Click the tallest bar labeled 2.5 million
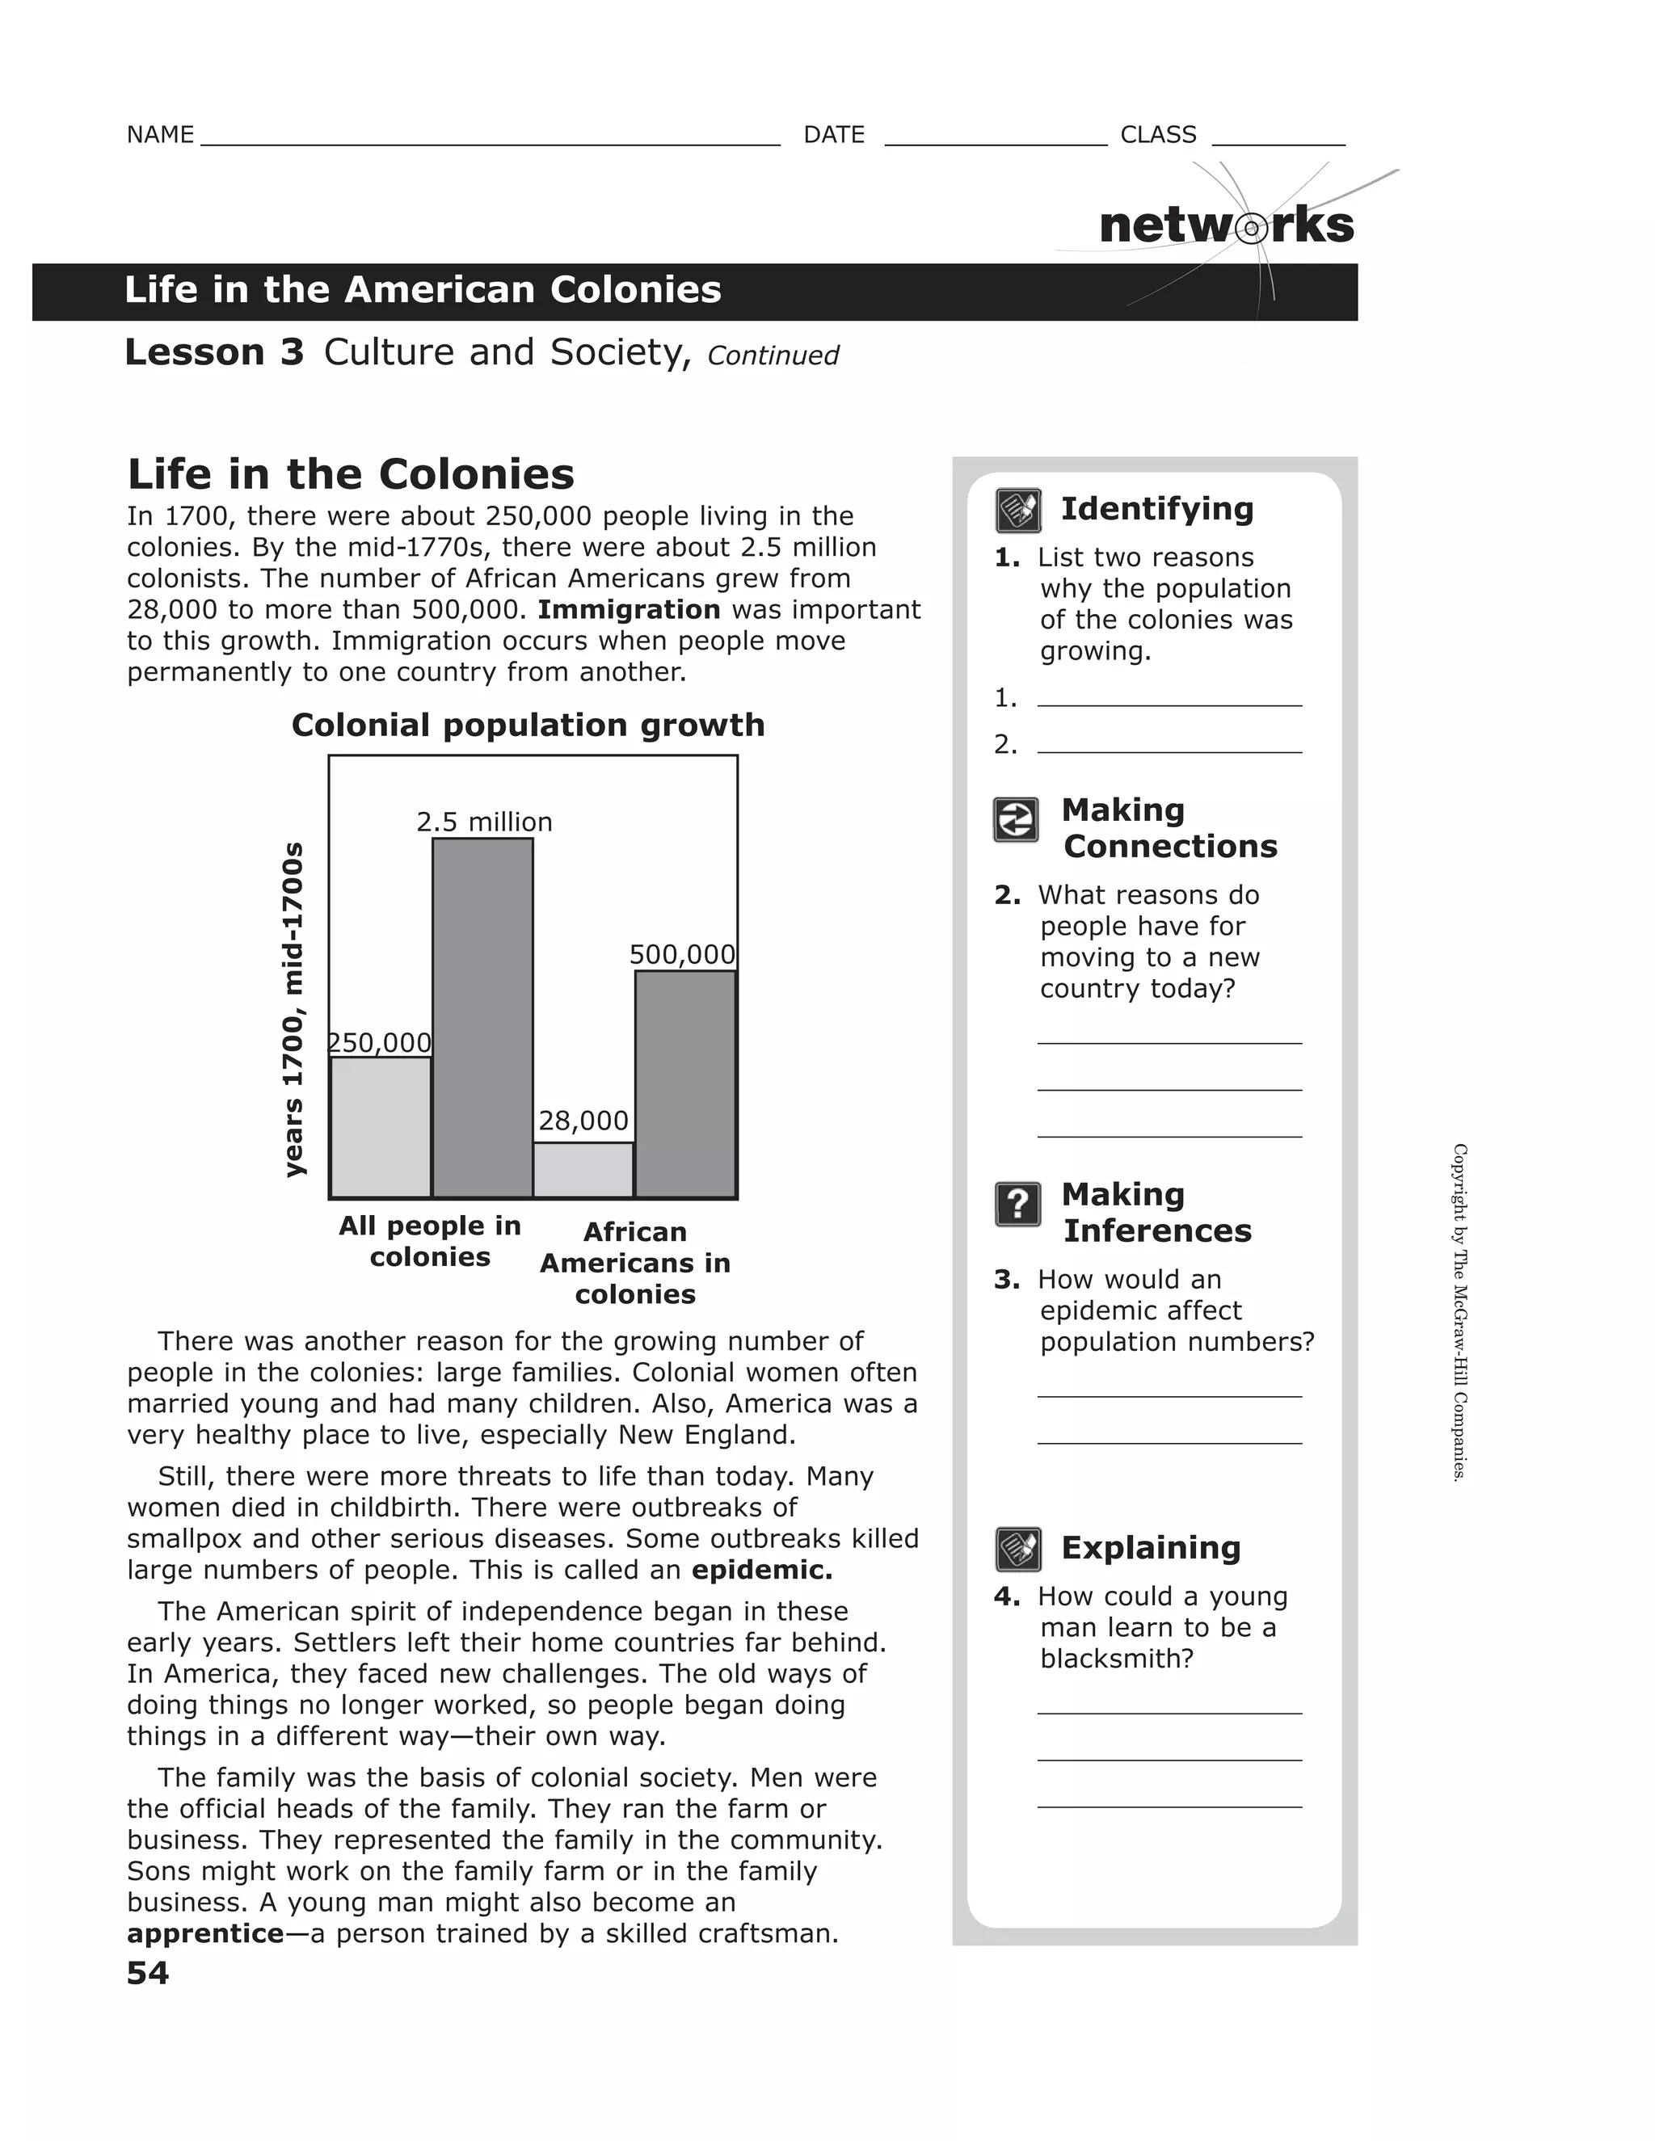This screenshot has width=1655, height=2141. [x=482, y=1017]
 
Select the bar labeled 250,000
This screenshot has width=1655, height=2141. [x=381, y=1127]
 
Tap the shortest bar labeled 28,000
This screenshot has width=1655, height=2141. [x=583, y=1170]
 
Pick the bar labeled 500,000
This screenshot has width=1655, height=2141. [x=685, y=1084]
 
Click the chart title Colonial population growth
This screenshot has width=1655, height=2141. [x=528, y=726]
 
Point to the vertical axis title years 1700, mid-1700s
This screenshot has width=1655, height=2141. [x=293, y=1009]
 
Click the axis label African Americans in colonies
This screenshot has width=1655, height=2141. [x=634, y=1263]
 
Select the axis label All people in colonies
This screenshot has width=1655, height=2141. [x=429, y=1241]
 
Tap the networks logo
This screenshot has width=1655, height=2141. [x=1227, y=226]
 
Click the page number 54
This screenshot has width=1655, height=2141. [x=148, y=1972]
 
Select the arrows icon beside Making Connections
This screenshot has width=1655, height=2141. [x=1016, y=819]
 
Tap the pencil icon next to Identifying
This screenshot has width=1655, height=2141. [x=1017, y=510]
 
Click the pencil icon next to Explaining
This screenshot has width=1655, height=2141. [x=1017, y=1549]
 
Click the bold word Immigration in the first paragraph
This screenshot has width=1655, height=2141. [x=629, y=610]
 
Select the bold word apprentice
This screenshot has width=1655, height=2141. [x=205, y=1933]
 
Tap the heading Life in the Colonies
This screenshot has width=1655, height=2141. [x=350, y=474]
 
